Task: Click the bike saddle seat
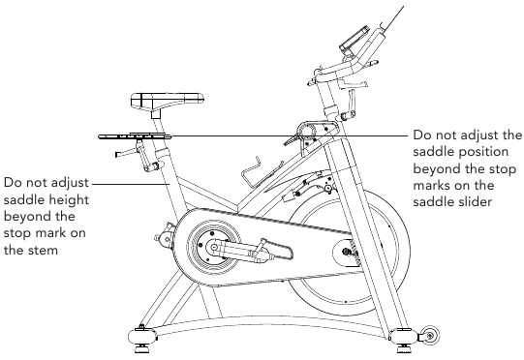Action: [x=168, y=101]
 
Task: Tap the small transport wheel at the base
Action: [x=430, y=335]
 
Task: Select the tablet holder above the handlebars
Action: [x=354, y=39]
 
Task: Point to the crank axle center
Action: [x=213, y=248]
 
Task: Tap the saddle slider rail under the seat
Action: [x=135, y=136]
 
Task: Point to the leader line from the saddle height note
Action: [x=131, y=183]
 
